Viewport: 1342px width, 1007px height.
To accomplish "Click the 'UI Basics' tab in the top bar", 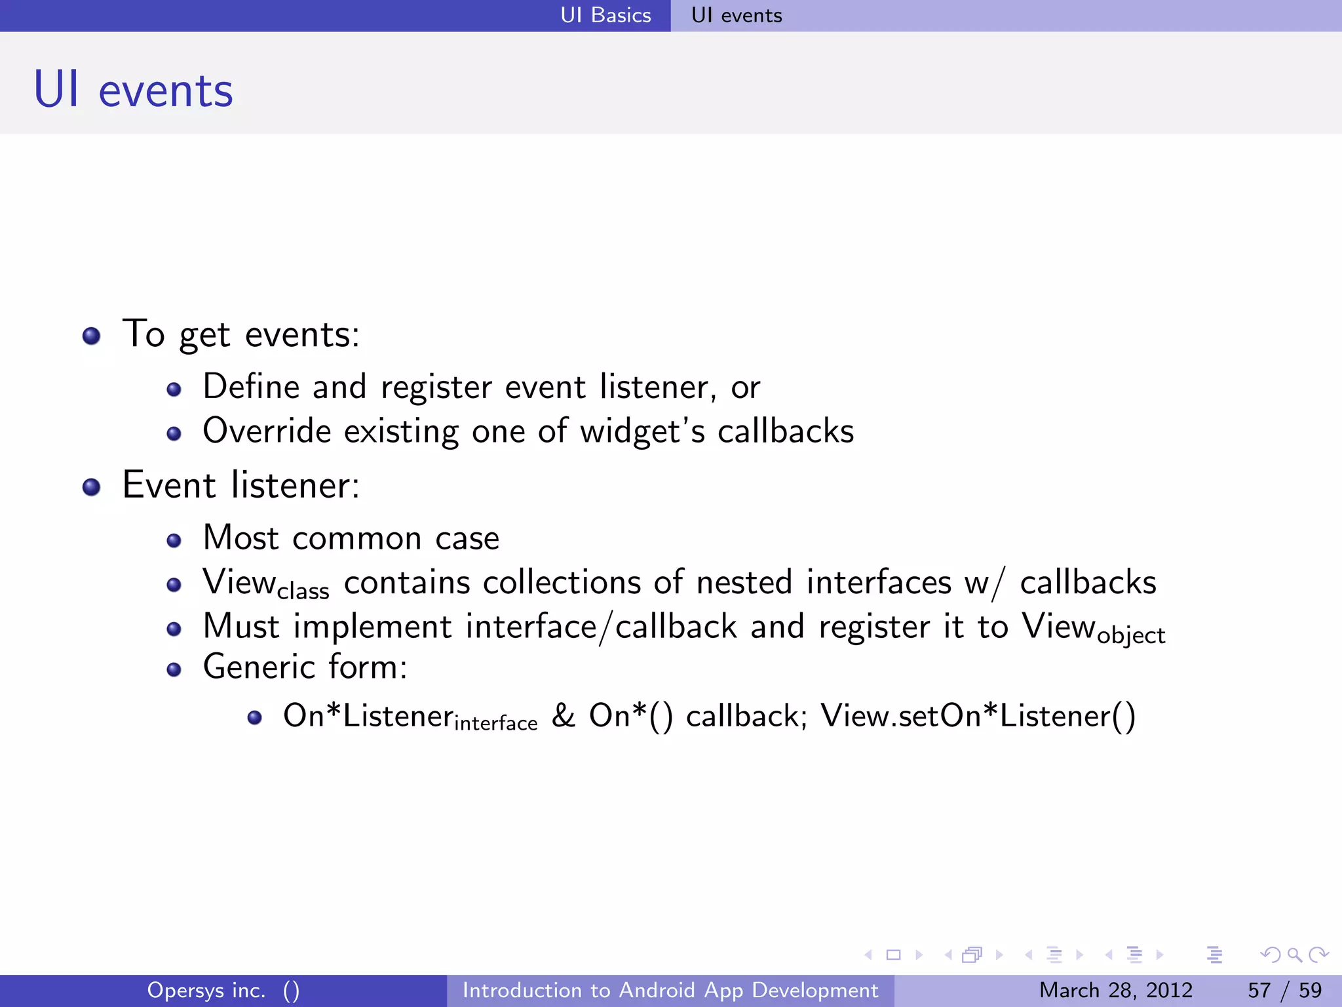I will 605,15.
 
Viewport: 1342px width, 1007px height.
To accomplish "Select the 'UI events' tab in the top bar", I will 737,15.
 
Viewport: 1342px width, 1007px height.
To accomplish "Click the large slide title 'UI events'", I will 134,90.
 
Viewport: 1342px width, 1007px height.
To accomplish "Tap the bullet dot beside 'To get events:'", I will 91,336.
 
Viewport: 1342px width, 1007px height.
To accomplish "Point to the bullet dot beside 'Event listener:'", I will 91,487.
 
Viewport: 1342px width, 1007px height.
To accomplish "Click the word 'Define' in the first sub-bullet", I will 251,386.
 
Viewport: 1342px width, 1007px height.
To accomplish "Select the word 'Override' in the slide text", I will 267,431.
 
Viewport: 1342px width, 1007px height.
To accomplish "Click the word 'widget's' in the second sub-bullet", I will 643,431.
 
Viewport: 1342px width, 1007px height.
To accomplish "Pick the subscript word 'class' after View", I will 303,591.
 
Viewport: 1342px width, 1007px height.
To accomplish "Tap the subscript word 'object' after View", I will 1131,635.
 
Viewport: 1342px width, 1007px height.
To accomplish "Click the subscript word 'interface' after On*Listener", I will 495,723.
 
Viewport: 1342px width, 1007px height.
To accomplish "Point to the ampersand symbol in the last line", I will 563,715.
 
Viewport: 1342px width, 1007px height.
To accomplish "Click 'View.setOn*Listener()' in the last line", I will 978,715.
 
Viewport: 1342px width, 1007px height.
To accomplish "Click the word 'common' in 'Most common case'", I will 357,538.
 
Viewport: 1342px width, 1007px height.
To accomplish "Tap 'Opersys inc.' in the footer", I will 206,990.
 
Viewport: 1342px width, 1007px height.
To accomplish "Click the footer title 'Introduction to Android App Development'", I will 670,990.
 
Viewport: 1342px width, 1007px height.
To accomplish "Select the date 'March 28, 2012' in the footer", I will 1115,990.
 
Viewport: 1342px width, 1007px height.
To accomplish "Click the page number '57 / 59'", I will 1284,990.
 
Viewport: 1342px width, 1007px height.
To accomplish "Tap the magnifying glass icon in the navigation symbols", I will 1294,955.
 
